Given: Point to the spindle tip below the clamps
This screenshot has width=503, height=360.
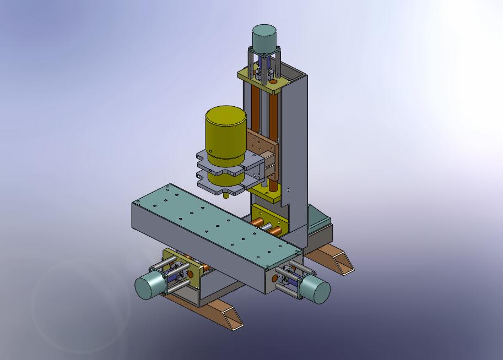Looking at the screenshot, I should [x=226, y=194].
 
